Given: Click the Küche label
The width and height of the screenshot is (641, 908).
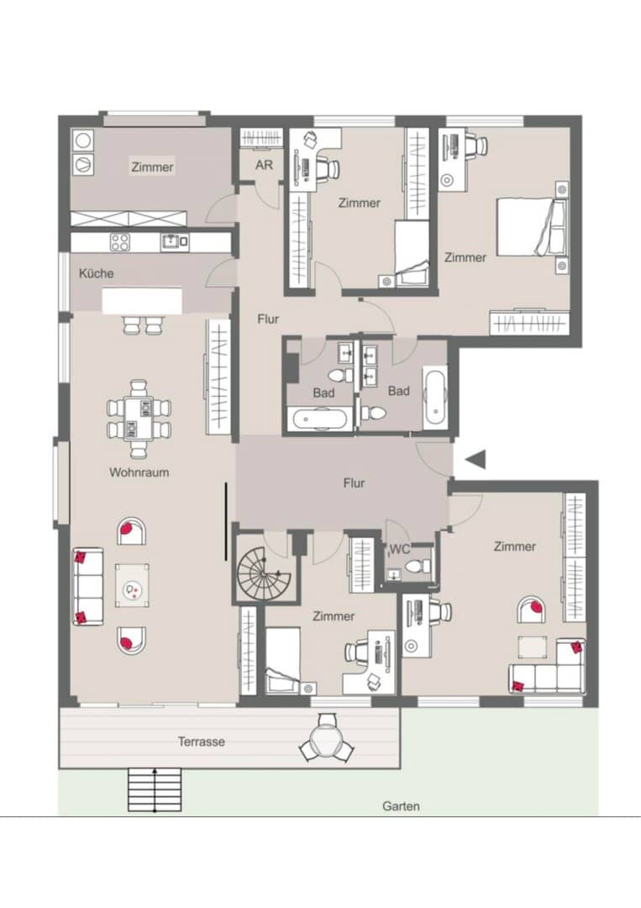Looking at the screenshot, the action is tap(96, 273).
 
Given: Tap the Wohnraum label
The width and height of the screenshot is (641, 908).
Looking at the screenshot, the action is tap(139, 472).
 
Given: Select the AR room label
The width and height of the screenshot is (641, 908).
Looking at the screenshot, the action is tap(264, 165).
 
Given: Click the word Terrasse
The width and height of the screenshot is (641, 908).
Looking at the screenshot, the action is tap(201, 742).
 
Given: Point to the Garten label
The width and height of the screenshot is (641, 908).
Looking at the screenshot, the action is tap(401, 806).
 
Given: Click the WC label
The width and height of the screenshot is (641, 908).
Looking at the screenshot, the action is tap(400, 549).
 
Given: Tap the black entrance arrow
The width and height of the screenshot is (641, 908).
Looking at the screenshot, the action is tap(475, 459).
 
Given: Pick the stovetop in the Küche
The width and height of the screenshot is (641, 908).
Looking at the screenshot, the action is tap(120, 242).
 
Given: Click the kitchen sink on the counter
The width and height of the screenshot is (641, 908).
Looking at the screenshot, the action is tap(171, 241).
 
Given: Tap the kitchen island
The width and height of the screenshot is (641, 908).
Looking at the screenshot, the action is tap(142, 301).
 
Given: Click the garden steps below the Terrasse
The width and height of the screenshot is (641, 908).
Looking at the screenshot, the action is tap(155, 789).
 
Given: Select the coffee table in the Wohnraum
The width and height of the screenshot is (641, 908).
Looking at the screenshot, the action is tap(132, 586).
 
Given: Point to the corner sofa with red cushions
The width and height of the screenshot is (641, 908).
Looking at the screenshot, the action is tap(548, 666).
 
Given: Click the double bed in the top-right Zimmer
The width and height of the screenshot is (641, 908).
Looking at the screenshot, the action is tap(530, 226).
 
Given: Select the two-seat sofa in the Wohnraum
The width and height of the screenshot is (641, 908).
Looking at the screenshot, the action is tap(88, 587).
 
